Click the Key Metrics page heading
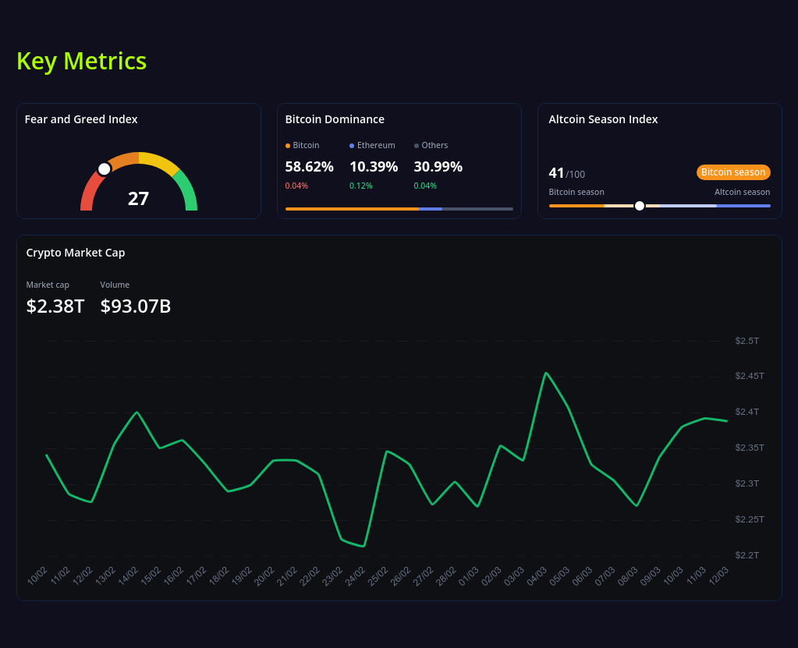tap(81, 61)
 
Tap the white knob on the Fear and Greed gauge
tap(104, 169)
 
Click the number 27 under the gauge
tap(138, 198)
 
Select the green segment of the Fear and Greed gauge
tap(186, 190)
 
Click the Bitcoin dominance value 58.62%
tap(309, 166)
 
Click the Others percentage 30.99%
tap(438, 166)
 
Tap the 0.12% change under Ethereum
tap(360, 186)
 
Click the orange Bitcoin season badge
tap(732, 172)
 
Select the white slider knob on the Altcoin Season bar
tap(640, 206)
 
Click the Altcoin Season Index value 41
tap(556, 173)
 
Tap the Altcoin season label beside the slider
tap(742, 192)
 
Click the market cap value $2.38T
tap(55, 306)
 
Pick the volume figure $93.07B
tap(136, 306)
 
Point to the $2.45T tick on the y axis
tap(749, 376)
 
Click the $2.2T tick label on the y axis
tap(747, 555)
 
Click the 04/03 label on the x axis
tap(537, 576)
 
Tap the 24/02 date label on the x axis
tap(356, 576)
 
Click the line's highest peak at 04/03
tap(546, 374)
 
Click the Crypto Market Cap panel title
tap(76, 253)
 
